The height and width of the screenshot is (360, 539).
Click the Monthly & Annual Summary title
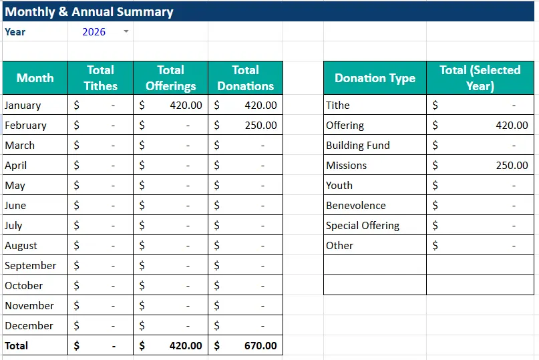pos(89,12)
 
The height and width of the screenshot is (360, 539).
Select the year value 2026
pos(94,31)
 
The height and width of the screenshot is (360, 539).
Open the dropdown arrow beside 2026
pos(126,31)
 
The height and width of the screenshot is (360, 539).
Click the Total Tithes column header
pos(100,77)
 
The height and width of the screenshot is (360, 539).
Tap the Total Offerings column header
pos(170,77)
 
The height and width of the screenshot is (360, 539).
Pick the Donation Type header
pos(375,78)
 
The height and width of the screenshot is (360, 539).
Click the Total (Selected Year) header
pos(480,77)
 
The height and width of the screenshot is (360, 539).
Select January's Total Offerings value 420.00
pos(186,105)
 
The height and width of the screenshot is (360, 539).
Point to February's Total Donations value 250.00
pos(260,125)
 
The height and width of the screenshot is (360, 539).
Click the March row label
pos(19,145)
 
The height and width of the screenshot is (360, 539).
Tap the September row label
pos(30,265)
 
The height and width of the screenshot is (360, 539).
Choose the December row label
pos(29,325)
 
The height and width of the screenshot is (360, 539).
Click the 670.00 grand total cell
pos(260,345)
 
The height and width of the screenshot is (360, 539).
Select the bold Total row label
pos(17,345)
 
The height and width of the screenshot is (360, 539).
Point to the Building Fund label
pos(357,145)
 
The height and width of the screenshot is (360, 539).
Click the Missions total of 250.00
pos(512,165)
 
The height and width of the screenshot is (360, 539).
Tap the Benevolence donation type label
pos(355,205)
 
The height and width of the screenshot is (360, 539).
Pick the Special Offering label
pos(362,225)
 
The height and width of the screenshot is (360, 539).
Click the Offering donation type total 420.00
pos(512,125)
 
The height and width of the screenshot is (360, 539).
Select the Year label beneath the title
pos(16,31)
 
